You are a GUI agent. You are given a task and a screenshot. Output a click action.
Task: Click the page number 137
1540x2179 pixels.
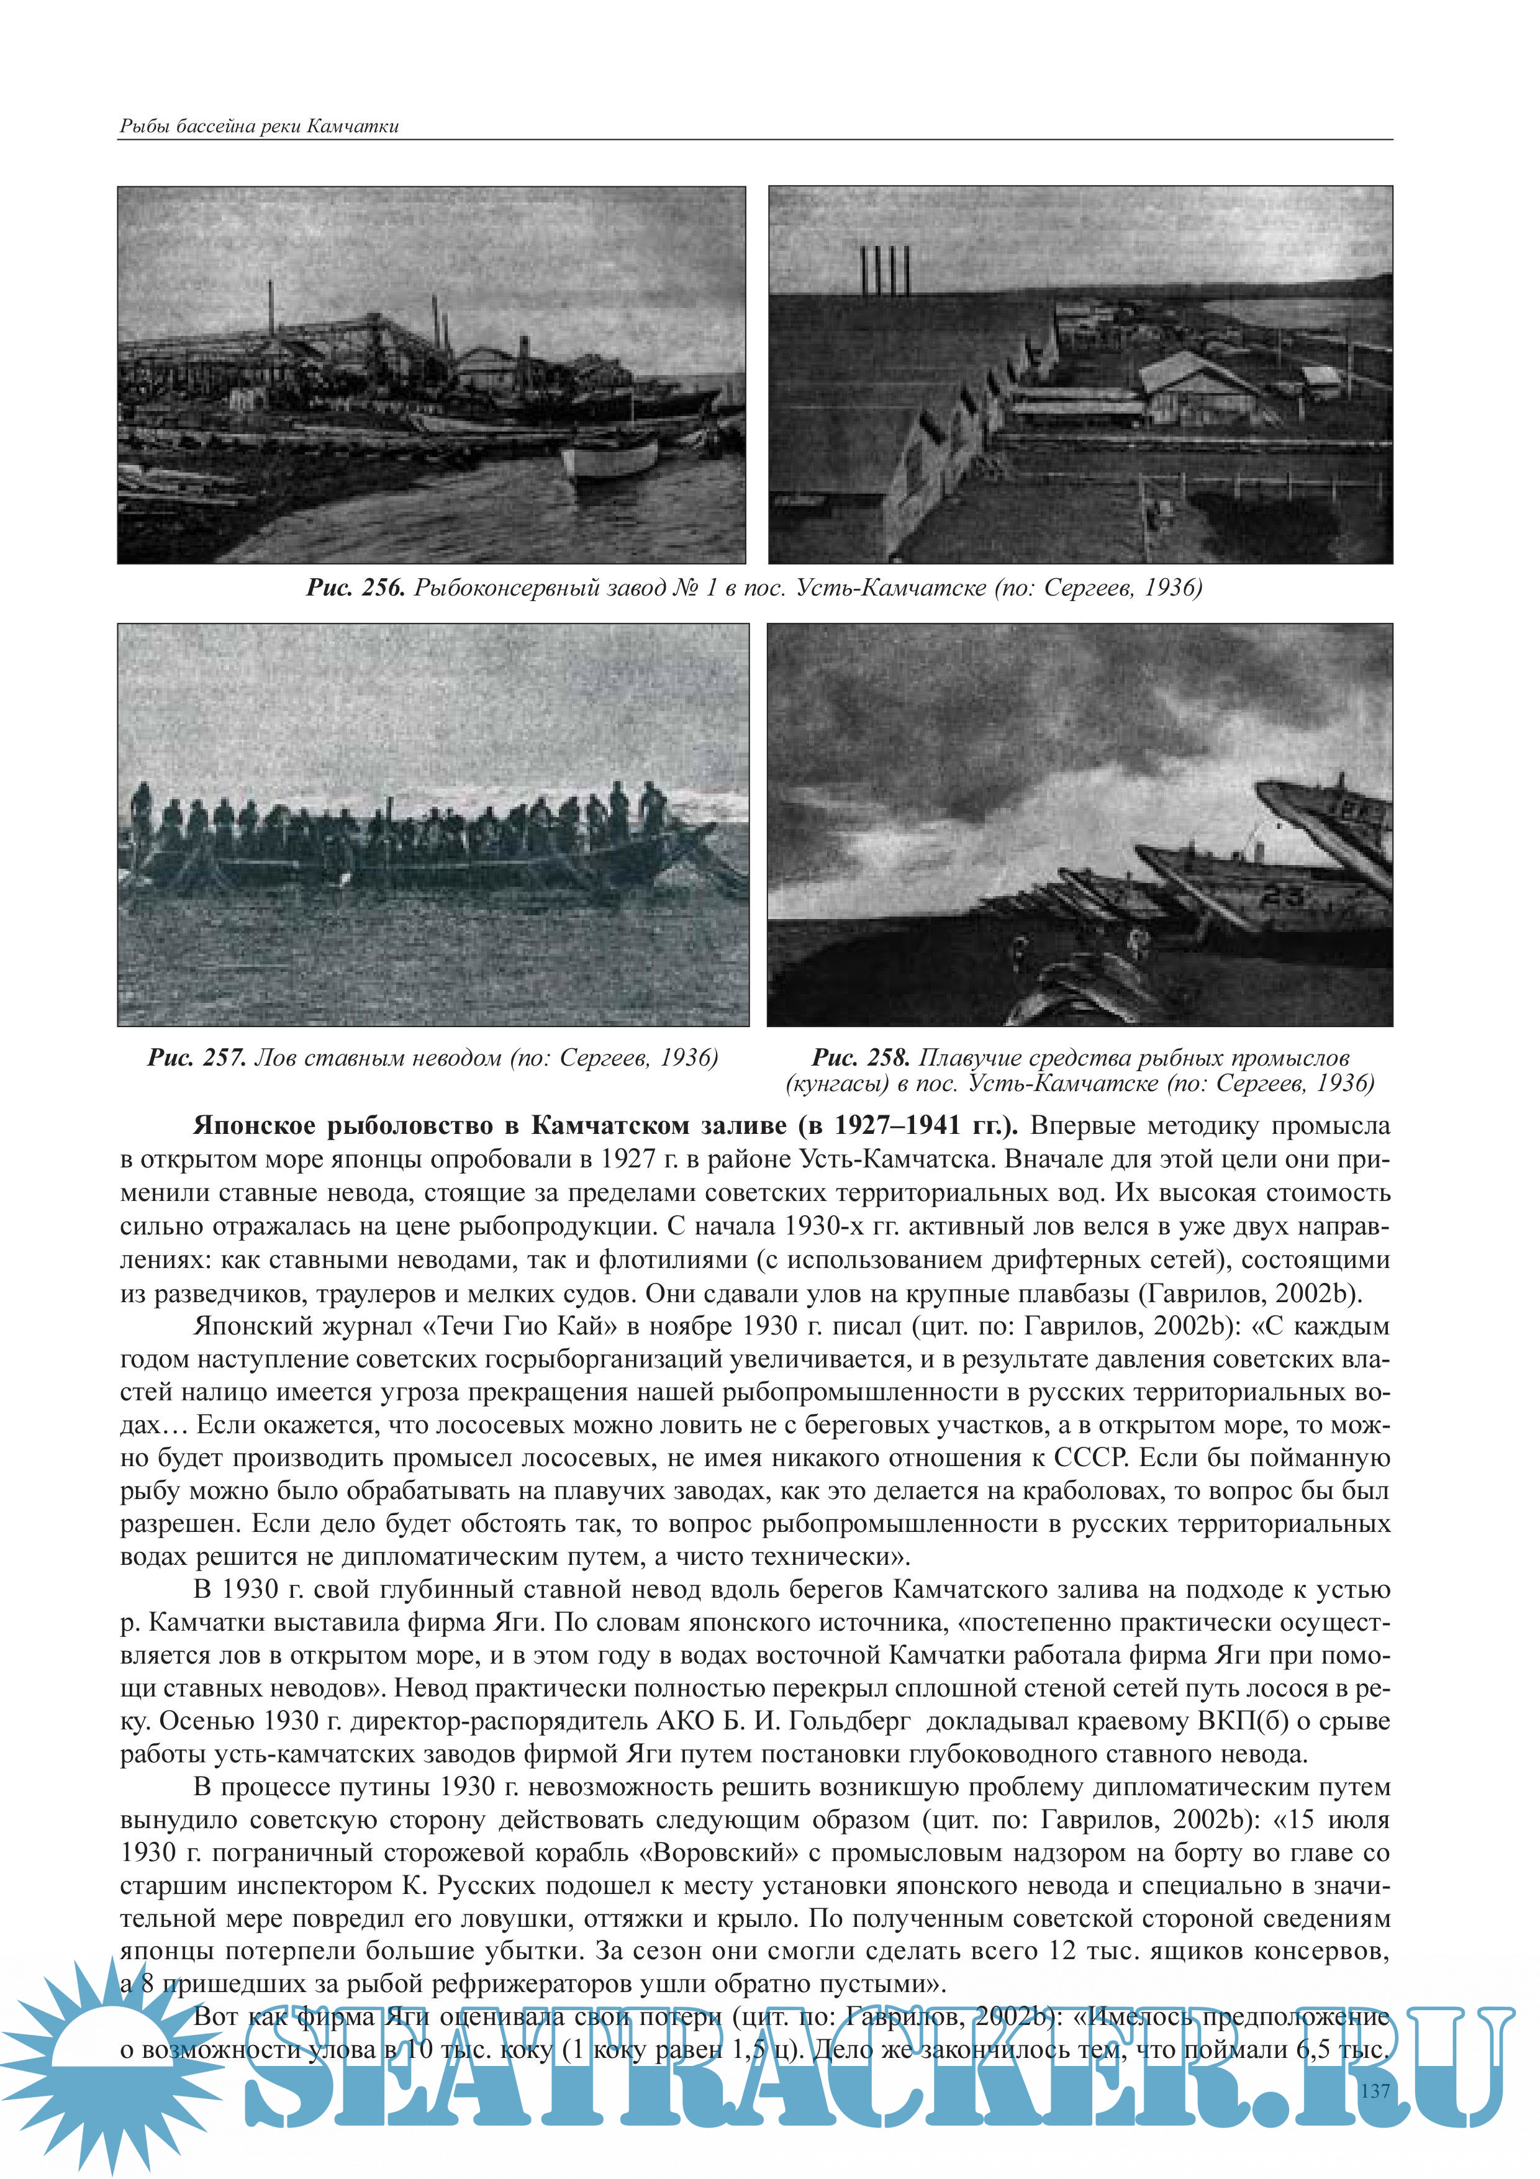(x=1374, y=2090)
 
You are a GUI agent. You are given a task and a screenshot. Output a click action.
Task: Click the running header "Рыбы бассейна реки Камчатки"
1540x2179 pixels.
(x=259, y=126)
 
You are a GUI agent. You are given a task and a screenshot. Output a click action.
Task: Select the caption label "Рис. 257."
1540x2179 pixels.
(x=197, y=1058)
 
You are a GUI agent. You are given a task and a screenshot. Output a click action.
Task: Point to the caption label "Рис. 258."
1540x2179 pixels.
(x=861, y=1058)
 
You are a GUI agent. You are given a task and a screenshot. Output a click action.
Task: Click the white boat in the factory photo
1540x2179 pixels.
(x=610, y=458)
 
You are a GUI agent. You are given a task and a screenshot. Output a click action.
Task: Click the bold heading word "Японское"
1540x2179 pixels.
(x=255, y=1126)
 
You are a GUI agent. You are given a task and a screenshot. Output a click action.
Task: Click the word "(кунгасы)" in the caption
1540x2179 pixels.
(x=835, y=1083)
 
